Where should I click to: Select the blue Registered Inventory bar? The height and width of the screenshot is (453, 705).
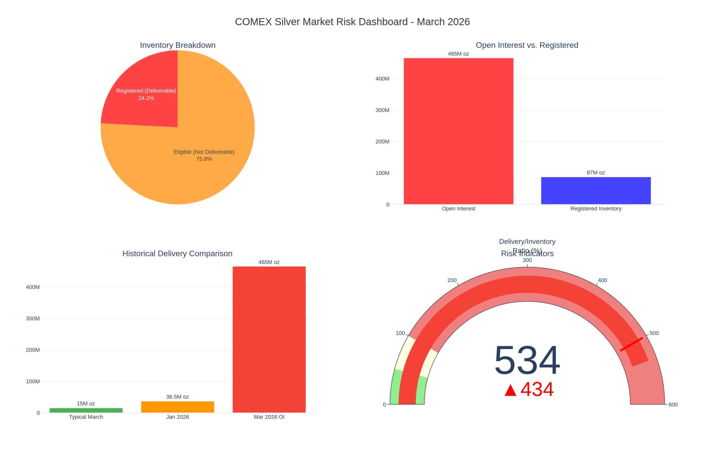tap(596, 191)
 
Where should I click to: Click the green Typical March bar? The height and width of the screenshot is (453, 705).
tap(86, 410)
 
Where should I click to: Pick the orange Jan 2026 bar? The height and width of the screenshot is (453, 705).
tap(177, 407)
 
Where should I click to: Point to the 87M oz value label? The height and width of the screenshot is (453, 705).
tap(596, 173)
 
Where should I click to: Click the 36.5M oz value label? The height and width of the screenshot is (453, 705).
tap(177, 397)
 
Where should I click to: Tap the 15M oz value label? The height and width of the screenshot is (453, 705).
tap(86, 403)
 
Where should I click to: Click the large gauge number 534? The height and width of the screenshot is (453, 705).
tap(527, 360)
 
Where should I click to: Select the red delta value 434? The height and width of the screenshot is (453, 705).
tap(537, 389)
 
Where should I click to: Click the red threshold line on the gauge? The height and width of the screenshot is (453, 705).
tap(631, 344)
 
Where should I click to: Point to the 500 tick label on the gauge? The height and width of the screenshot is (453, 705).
tap(654, 333)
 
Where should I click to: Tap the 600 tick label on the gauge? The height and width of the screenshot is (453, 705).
tap(673, 404)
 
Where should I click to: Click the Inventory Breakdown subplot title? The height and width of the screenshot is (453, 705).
tap(178, 45)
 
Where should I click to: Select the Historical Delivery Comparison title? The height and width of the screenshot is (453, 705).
tap(177, 253)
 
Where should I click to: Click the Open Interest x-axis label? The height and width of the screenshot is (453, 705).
tap(458, 209)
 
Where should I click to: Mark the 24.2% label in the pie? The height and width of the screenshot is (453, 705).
tap(146, 98)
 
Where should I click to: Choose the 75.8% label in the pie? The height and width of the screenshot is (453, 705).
tap(204, 159)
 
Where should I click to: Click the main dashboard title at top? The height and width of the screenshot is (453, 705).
tap(352, 22)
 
